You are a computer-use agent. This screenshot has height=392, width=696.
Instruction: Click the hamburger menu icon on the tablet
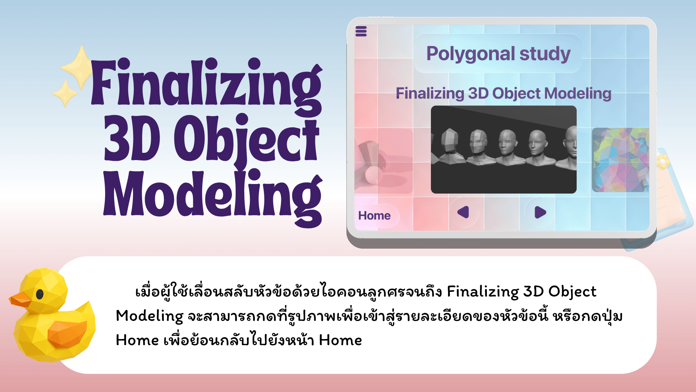361,31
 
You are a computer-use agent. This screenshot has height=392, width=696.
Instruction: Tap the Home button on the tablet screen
374,216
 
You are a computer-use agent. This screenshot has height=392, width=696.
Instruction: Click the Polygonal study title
498,54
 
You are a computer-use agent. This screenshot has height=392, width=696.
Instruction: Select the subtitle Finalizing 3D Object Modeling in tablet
503,93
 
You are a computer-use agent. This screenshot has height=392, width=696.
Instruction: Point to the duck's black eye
40,294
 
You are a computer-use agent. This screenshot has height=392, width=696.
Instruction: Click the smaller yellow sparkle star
65,94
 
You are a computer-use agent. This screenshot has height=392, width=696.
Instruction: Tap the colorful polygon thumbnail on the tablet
620,160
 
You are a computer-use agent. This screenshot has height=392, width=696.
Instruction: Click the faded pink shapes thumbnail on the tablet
383,161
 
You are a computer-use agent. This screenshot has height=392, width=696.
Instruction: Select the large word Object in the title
246,140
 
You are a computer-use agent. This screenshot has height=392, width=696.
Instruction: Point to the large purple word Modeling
212,196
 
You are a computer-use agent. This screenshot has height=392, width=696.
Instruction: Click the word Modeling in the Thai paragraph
149,317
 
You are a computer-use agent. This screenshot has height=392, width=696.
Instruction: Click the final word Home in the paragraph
340,340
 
